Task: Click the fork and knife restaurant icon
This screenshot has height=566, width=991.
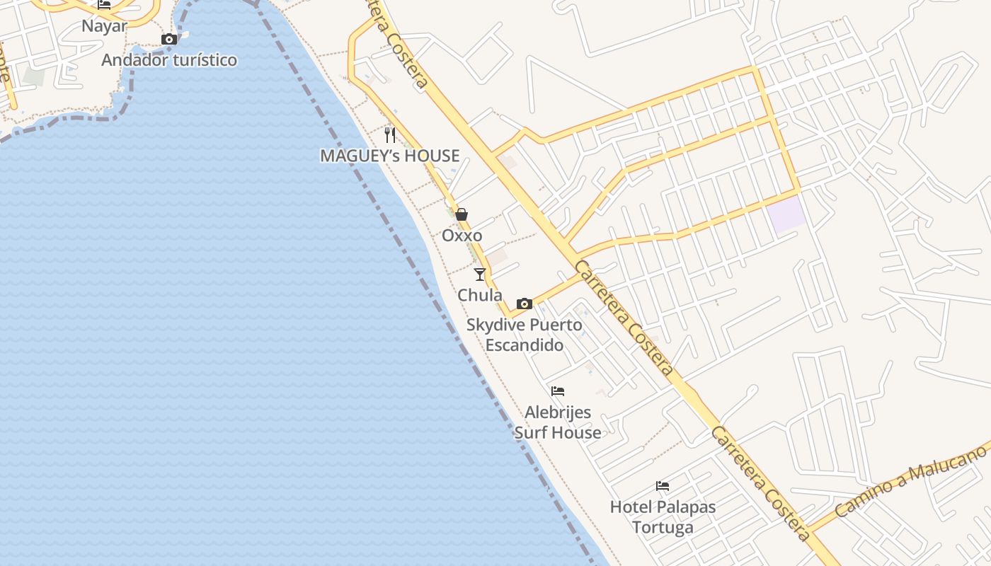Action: point(390,134)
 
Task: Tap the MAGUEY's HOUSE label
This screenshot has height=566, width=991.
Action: point(390,156)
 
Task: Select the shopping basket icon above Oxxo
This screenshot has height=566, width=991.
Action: point(462,214)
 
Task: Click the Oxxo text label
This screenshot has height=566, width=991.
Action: point(462,236)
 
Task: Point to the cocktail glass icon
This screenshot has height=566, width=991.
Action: point(480,274)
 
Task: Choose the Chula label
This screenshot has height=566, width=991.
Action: point(480,295)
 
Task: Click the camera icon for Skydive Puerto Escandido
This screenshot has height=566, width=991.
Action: point(524,304)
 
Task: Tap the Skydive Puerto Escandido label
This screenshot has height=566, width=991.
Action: point(525,335)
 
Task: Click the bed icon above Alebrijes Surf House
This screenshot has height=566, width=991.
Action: point(558,391)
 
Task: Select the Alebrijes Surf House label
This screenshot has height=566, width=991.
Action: point(558,422)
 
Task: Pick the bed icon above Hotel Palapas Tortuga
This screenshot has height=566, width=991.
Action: point(663,486)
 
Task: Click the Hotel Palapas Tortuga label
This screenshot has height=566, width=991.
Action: point(663,517)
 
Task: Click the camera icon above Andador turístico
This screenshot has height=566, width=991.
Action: point(168,40)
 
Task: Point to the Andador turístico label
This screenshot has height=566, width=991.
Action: point(169,60)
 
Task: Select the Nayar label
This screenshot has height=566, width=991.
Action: point(104,26)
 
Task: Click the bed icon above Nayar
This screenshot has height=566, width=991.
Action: point(104,5)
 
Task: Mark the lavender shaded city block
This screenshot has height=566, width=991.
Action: point(788,215)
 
